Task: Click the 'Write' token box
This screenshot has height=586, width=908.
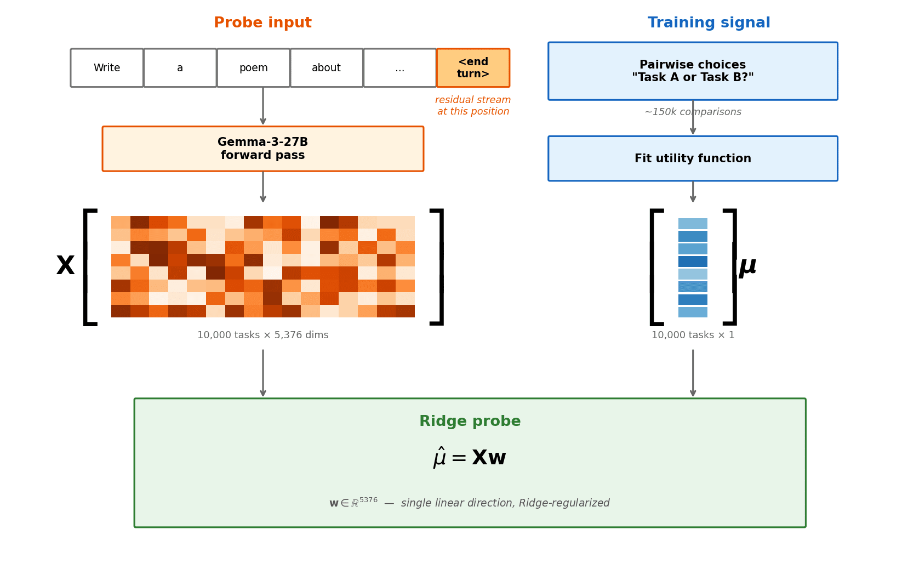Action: tap(107, 68)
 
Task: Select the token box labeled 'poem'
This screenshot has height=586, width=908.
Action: tap(253, 68)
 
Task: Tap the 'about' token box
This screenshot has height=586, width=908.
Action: tap(327, 68)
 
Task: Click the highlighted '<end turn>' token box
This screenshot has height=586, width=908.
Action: tap(473, 68)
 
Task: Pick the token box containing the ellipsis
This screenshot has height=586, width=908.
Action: tap(399, 68)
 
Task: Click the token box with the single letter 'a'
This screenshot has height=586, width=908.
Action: tap(180, 68)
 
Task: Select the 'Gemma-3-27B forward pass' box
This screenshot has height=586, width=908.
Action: tap(262, 149)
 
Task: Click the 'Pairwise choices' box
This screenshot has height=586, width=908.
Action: tap(693, 71)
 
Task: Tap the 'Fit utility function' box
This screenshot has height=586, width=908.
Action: tap(693, 158)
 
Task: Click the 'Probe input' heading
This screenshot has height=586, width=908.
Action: tap(262, 23)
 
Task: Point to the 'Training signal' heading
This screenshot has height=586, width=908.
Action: tap(709, 23)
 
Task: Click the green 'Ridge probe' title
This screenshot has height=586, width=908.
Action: tap(470, 422)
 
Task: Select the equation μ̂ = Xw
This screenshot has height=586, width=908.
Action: tap(470, 458)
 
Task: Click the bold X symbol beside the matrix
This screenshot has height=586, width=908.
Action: tap(65, 266)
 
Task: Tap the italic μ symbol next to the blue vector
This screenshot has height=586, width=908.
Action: tap(747, 266)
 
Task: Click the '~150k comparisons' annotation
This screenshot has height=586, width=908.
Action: tap(693, 112)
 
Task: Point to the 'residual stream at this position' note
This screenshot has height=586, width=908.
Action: tap(473, 106)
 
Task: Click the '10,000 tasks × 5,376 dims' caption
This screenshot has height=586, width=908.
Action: tap(262, 335)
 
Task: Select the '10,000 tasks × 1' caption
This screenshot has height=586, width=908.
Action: tap(693, 335)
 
